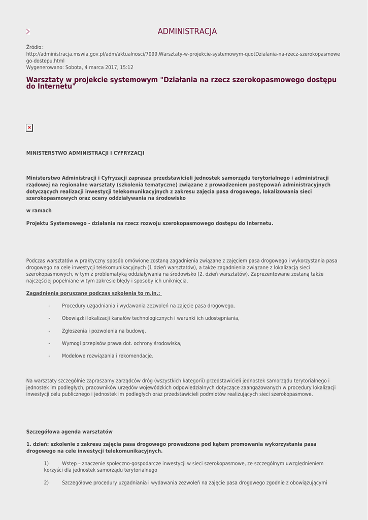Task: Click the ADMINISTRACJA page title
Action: pos(187,31)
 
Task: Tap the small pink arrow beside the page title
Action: pos(28,31)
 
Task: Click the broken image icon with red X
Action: pos(29,128)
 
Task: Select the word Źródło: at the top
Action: pos(35,47)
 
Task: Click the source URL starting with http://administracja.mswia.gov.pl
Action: pos(183,54)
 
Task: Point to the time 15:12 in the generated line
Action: pos(127,67)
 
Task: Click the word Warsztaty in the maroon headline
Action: pos(45,80)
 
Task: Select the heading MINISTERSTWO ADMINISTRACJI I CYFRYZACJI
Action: pos(85,153)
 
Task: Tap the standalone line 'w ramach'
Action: pos(39,210)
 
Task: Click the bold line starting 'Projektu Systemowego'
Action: pos(149,223)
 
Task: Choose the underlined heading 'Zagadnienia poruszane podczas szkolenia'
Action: pos(93,293)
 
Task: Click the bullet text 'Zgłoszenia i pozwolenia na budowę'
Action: pos(104,331)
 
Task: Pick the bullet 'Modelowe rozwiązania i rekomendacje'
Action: pos(107,355)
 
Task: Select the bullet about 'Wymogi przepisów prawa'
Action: pos(121,343)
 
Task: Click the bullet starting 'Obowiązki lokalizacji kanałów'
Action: pos(150,318)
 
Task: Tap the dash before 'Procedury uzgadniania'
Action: pos(49,306)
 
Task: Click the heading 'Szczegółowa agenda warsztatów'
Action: pos(69,432)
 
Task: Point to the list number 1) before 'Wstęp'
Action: pos(46,463)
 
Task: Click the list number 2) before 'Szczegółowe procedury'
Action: pos(46,482)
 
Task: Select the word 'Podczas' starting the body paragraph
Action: pos(36,261)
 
